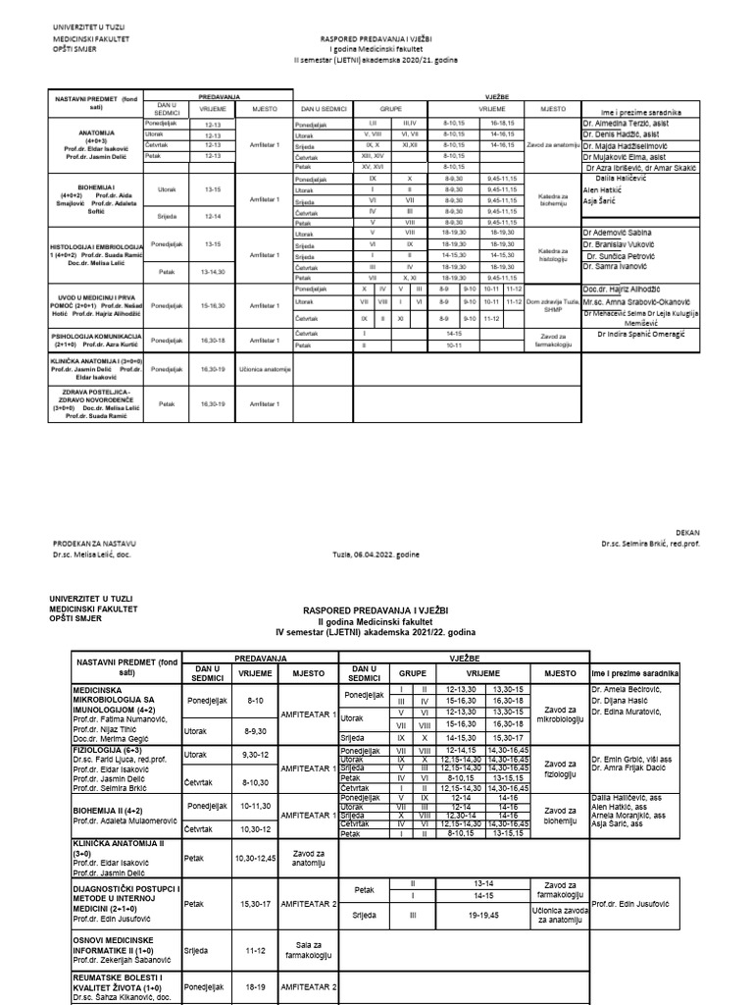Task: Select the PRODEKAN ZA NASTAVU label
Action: (x=94, y=543)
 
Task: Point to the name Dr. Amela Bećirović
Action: (x=628, y=690)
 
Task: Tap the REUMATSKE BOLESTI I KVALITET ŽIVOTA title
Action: (x=122, y=984)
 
